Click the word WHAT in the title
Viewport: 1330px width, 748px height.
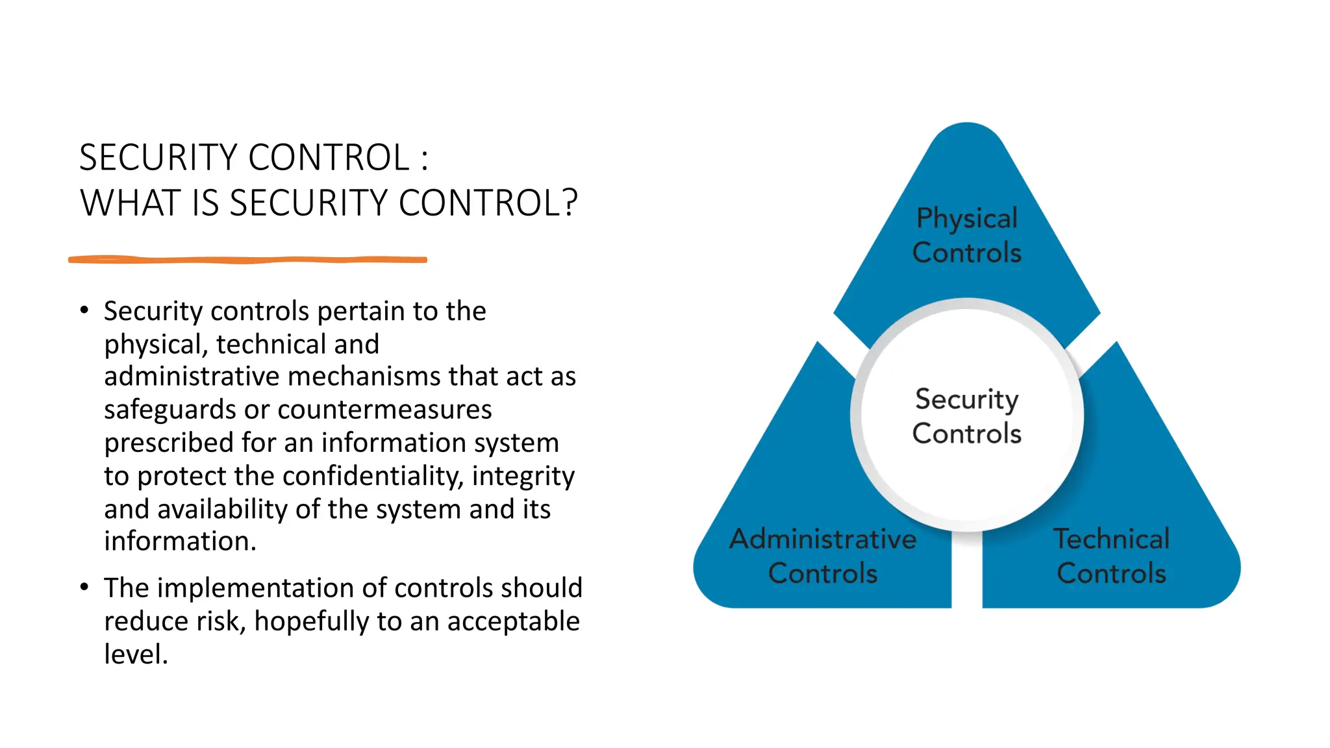pyautogui.click(x=129, y=203)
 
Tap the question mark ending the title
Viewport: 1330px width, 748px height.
pyautogui.click(x=570, y=203)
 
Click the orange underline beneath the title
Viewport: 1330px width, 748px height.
pyautogui.click(x=247, y=260)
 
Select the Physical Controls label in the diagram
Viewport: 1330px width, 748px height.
pyautogui.click(x=966, y=235)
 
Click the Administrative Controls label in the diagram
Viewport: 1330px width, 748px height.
pyautogui.click(x=822, y=556)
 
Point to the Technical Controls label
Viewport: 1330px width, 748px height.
pyautogui.click(x=1111, y=556)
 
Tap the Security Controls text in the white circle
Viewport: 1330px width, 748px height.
pyautogui.click(x=966, y=416)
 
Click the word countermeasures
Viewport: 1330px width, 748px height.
pyautogui.click(x=384, y=410)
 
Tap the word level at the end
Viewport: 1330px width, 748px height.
pyautogui.click(x=135, y=654)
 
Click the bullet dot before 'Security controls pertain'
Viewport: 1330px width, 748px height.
pyautogui.click(x=84, y=310)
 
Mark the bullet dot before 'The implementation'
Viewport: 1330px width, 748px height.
pyautogui.click(x=84, y=587)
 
